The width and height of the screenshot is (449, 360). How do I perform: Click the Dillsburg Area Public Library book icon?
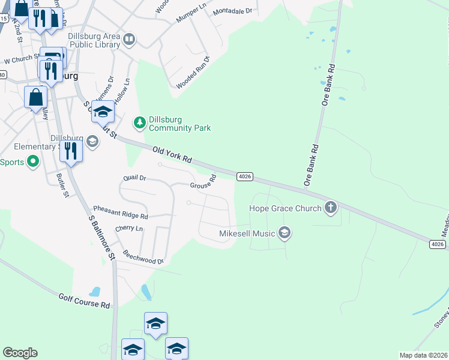click(129, 40)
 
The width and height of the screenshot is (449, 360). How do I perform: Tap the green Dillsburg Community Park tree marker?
click(139, 122)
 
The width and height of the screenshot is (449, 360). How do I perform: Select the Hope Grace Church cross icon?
click(330, 208)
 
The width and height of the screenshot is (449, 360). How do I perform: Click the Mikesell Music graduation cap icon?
click(285, 233)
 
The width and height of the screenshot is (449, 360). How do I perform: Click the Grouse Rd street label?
click(203, 182)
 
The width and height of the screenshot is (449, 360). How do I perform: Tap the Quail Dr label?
click(134, 178)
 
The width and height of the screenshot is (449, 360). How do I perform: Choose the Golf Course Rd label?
click(84, 301)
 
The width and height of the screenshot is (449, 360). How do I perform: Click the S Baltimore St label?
click(102, 238)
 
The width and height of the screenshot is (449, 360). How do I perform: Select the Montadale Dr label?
click(234, 11)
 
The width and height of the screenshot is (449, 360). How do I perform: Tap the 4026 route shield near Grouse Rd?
click(244, 176)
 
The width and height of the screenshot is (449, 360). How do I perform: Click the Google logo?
click(20, 353)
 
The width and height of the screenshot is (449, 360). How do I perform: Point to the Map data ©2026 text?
click(423, 355)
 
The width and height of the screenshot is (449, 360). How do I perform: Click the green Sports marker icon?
click(32, 161)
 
